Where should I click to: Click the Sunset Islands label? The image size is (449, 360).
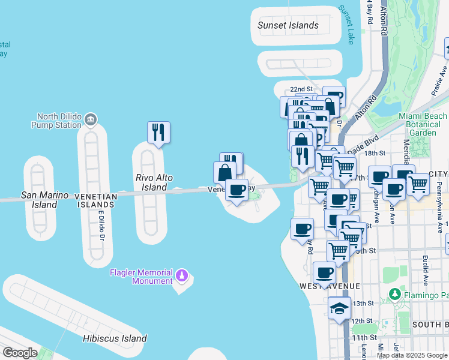click(x=288, y=26)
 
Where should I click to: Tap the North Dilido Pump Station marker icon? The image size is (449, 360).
click(x=91, y=118)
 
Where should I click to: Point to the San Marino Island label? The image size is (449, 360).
click(x=38, y=200)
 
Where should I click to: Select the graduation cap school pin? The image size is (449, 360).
click(x=339, y=308)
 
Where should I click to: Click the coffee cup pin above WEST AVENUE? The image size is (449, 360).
click(x=324, y=272)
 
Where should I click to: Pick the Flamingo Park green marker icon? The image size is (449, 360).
click(x=394, y=295)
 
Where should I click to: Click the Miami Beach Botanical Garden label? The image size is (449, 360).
click(x=423, y=124)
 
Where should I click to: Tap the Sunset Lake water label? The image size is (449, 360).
click(x=347, y=25)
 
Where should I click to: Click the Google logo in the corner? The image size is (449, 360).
click(x=20, y=353)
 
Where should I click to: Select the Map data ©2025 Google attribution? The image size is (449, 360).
click(x=412, y=355)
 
